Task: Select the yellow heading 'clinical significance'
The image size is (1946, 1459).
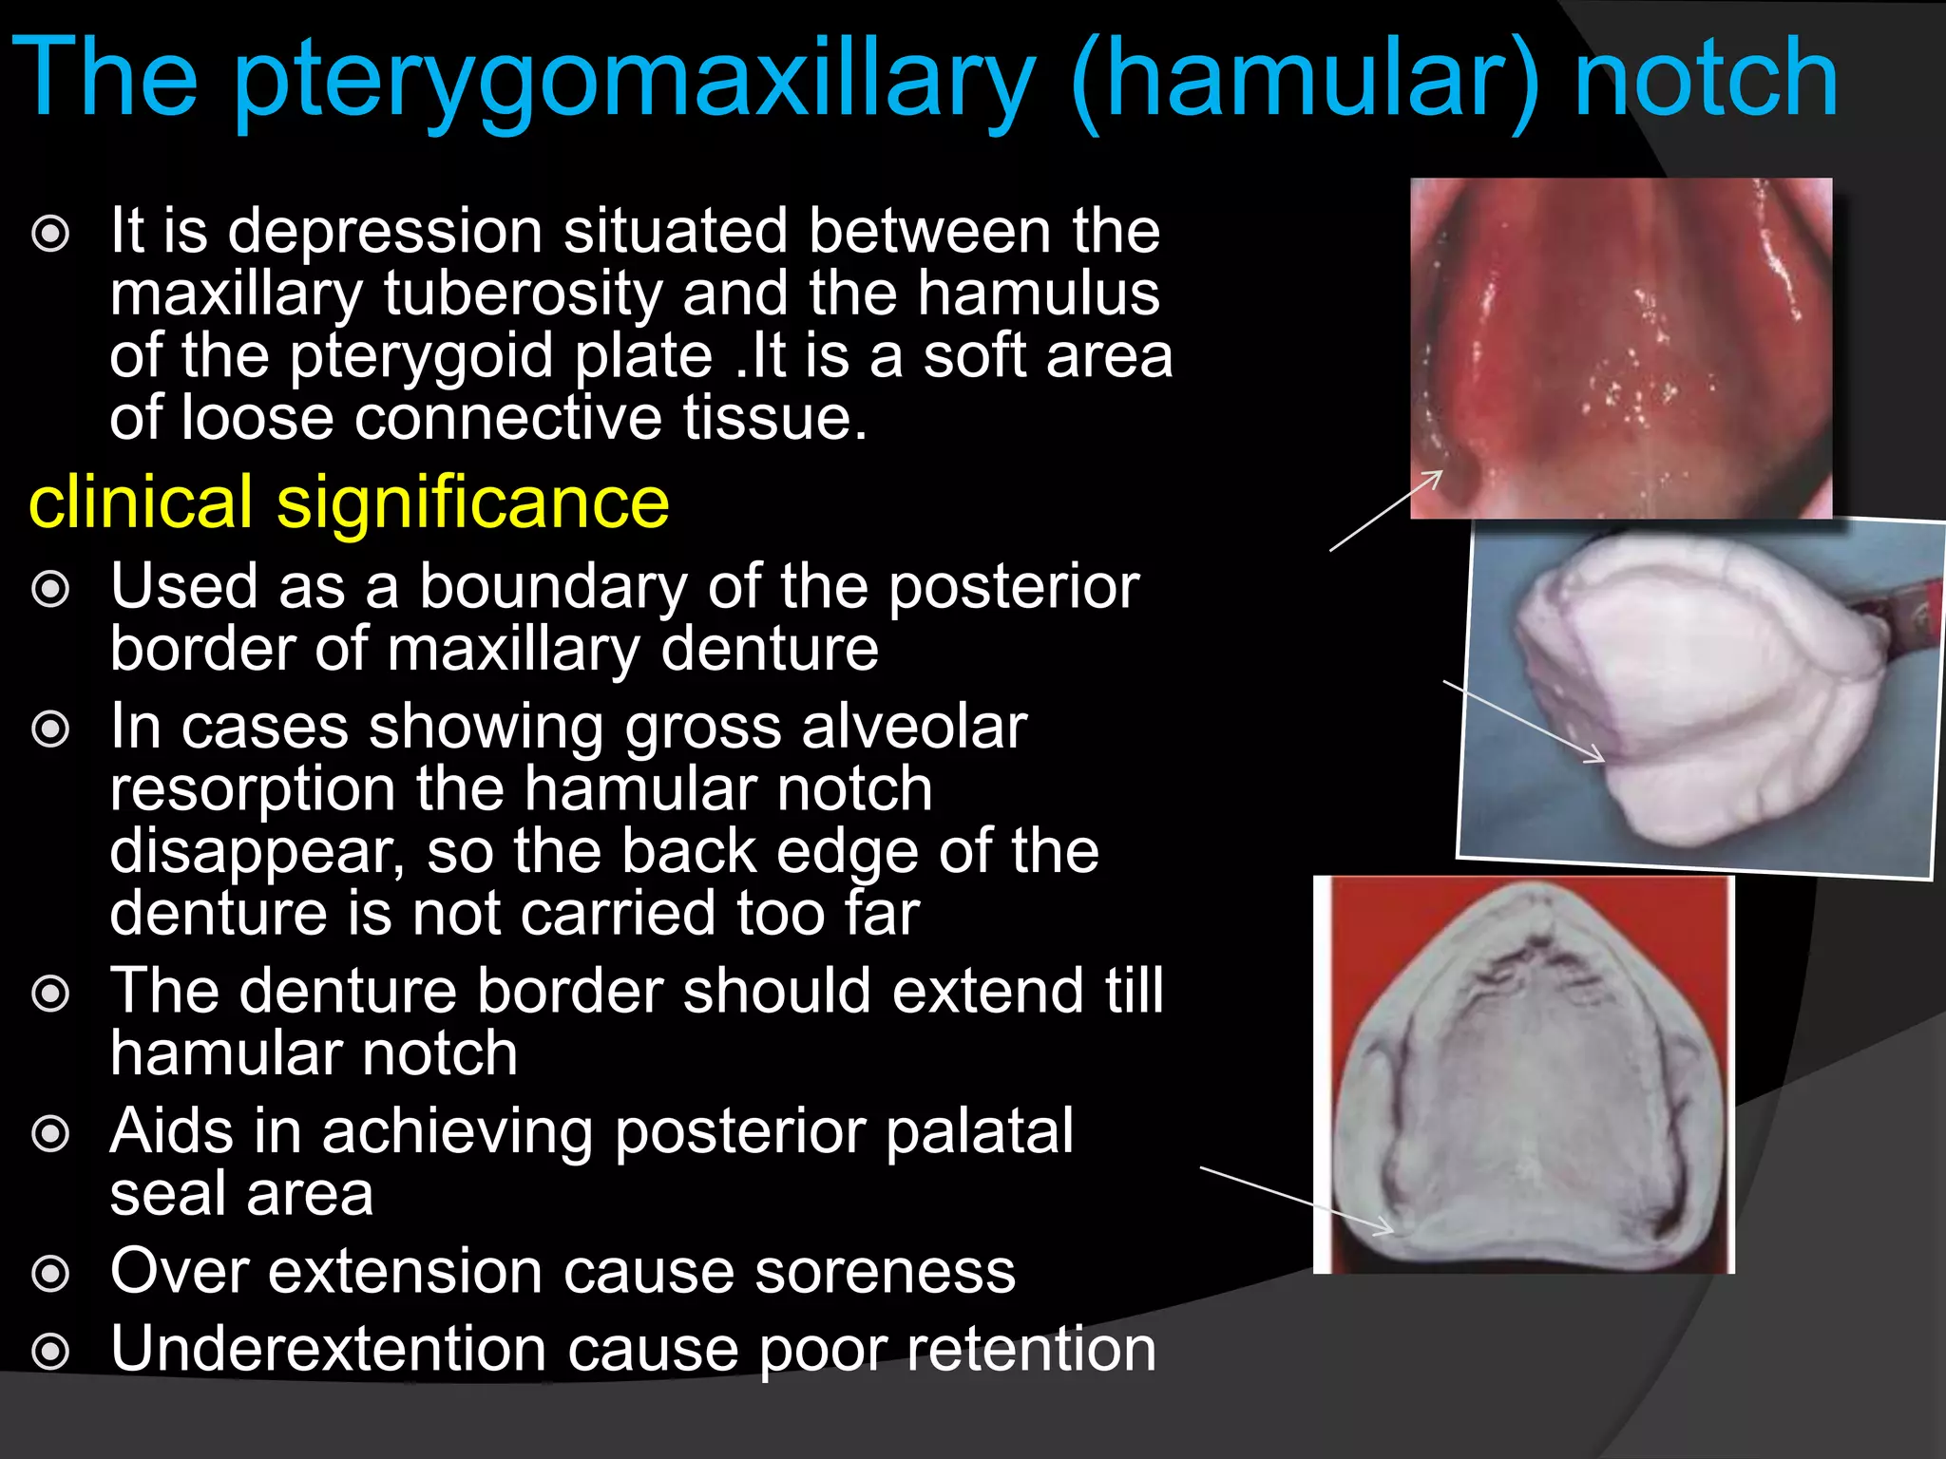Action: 349,502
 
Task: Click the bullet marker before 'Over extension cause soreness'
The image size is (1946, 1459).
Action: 51,1274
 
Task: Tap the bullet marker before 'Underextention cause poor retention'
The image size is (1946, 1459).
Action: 51,1351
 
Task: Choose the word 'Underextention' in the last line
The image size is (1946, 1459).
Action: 329,1349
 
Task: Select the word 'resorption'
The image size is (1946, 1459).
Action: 253,788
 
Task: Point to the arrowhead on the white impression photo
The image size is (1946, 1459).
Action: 1598,757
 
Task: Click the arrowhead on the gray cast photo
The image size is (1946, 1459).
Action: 1387,1229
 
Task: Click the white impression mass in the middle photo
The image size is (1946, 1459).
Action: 1701,684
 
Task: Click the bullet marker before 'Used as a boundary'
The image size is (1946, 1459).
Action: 51,589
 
